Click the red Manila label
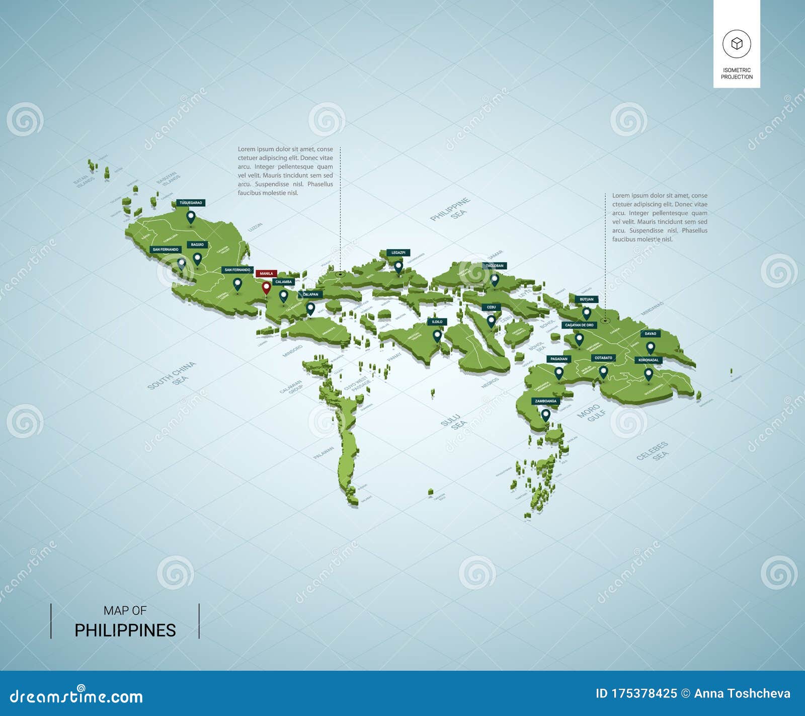[x=266, y=274]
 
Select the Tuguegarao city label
[x=191, y=203]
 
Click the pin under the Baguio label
[x=197, y=259]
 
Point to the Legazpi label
[x=398, y=253]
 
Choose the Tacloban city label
[x=495, y=266]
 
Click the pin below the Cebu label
[x=491, y=321]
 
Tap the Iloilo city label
[x=437, y=322]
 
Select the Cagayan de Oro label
[x=579, y=325]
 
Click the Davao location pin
[x=650, y=347]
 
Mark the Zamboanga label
[x=545, y=401]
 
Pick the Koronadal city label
[x=648, y=360]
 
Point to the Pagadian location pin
[x=558, y=373]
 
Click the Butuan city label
[x=586, y=299]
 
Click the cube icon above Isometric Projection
[x=737, y=44]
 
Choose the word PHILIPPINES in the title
[x=125, y=630]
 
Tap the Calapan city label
[x=310, y=294]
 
